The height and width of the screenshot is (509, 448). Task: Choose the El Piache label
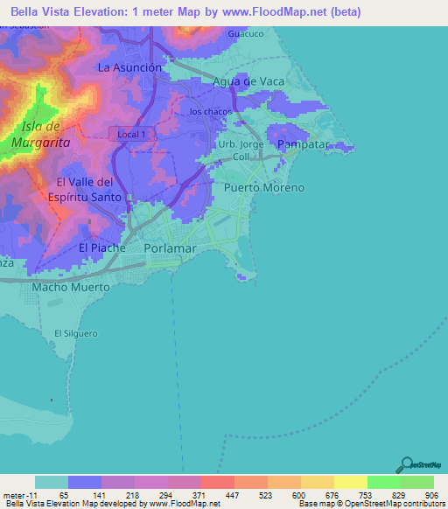(102, 248)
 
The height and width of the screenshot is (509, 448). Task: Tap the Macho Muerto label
(71, 287)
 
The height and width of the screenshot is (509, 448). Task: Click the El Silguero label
(73, 333)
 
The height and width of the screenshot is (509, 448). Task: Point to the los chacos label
(210, 112)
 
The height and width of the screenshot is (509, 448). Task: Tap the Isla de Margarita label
(34, 135)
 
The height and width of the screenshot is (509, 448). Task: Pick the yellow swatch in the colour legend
(350, 482)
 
